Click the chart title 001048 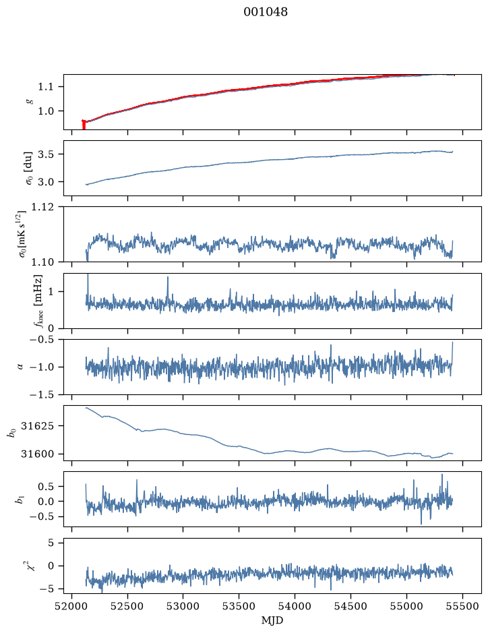(x=266, y=12)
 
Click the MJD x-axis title (x=272, y=620)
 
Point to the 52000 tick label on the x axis (x=72, y=606)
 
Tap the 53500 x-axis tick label (x=239, y=606)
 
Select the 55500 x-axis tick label (x=462, y=606)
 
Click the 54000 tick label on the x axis (x=295, y=606)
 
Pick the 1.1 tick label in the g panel (x=46, y=87)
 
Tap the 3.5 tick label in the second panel (x=46, y=154)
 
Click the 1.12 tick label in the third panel (x=42, y=207)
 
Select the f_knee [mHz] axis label (x=38, y=301)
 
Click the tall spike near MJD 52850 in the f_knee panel (x=168, y=287)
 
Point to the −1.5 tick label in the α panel (x=42, y=394)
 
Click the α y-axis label (x=20, y=367)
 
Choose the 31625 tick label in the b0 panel (x=37, y=426)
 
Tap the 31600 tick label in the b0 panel (x=37, y=454)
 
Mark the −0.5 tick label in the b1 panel (x=42, y=517)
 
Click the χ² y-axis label (x=31, y=566)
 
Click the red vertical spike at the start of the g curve (x=84, y=125)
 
